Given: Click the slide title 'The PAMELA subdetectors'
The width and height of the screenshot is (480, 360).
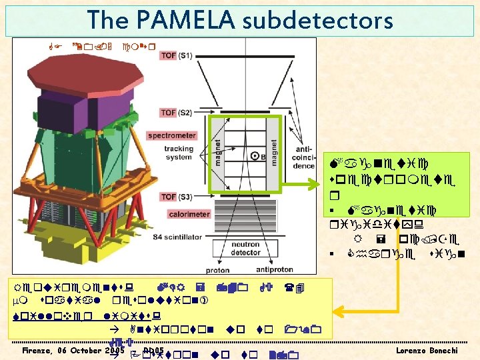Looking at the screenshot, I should click(240, 21).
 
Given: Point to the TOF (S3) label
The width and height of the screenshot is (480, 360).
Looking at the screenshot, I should click(177, 196).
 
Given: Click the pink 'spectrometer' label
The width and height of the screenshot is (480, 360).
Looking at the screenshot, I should click(171, 135).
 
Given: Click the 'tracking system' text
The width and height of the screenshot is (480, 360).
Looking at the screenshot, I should click(178, 153).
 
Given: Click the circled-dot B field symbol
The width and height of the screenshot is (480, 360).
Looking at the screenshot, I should click(254, 157).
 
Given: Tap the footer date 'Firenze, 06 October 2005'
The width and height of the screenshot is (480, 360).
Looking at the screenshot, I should click(73, 349).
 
